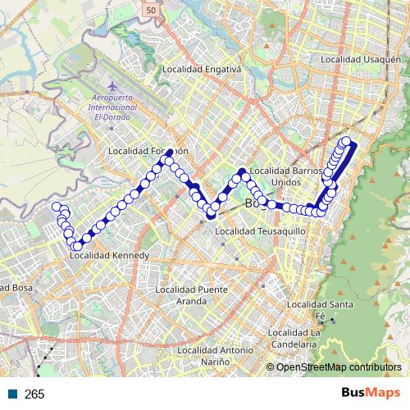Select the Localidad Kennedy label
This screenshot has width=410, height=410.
109,256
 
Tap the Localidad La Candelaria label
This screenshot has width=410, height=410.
293,337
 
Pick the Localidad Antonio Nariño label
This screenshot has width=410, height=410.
214,356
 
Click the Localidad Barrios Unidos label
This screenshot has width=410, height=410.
280,175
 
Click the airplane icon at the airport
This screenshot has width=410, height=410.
112,85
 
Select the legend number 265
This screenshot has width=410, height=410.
34,394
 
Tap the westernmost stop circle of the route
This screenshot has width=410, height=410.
57,207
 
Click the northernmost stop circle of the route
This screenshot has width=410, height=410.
346,141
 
